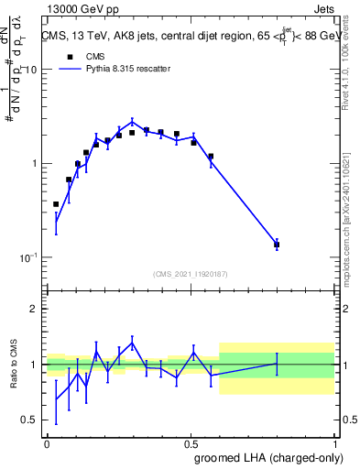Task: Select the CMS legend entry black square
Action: click(70, 56)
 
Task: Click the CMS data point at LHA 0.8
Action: click(277, 245)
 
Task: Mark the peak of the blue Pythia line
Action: click(132, 121)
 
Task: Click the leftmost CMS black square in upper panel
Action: click(56, 204)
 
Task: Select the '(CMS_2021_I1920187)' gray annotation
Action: click(191, 274)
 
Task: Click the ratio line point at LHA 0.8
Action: click(277, 364)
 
